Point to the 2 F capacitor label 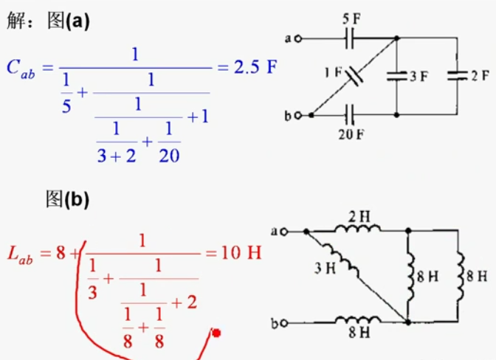pyautogui.click(x=479, y=77)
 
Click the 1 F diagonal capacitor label pyautogui.click(x=332, y=72)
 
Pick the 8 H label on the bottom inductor pyautogui.click(x=359, y=333)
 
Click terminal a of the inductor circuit pyautogui.click(x=281, y=232)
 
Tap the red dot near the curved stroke pyautogui.click(x=216, y=334)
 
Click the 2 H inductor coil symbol pyautogui.click(x=357, y=229)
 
